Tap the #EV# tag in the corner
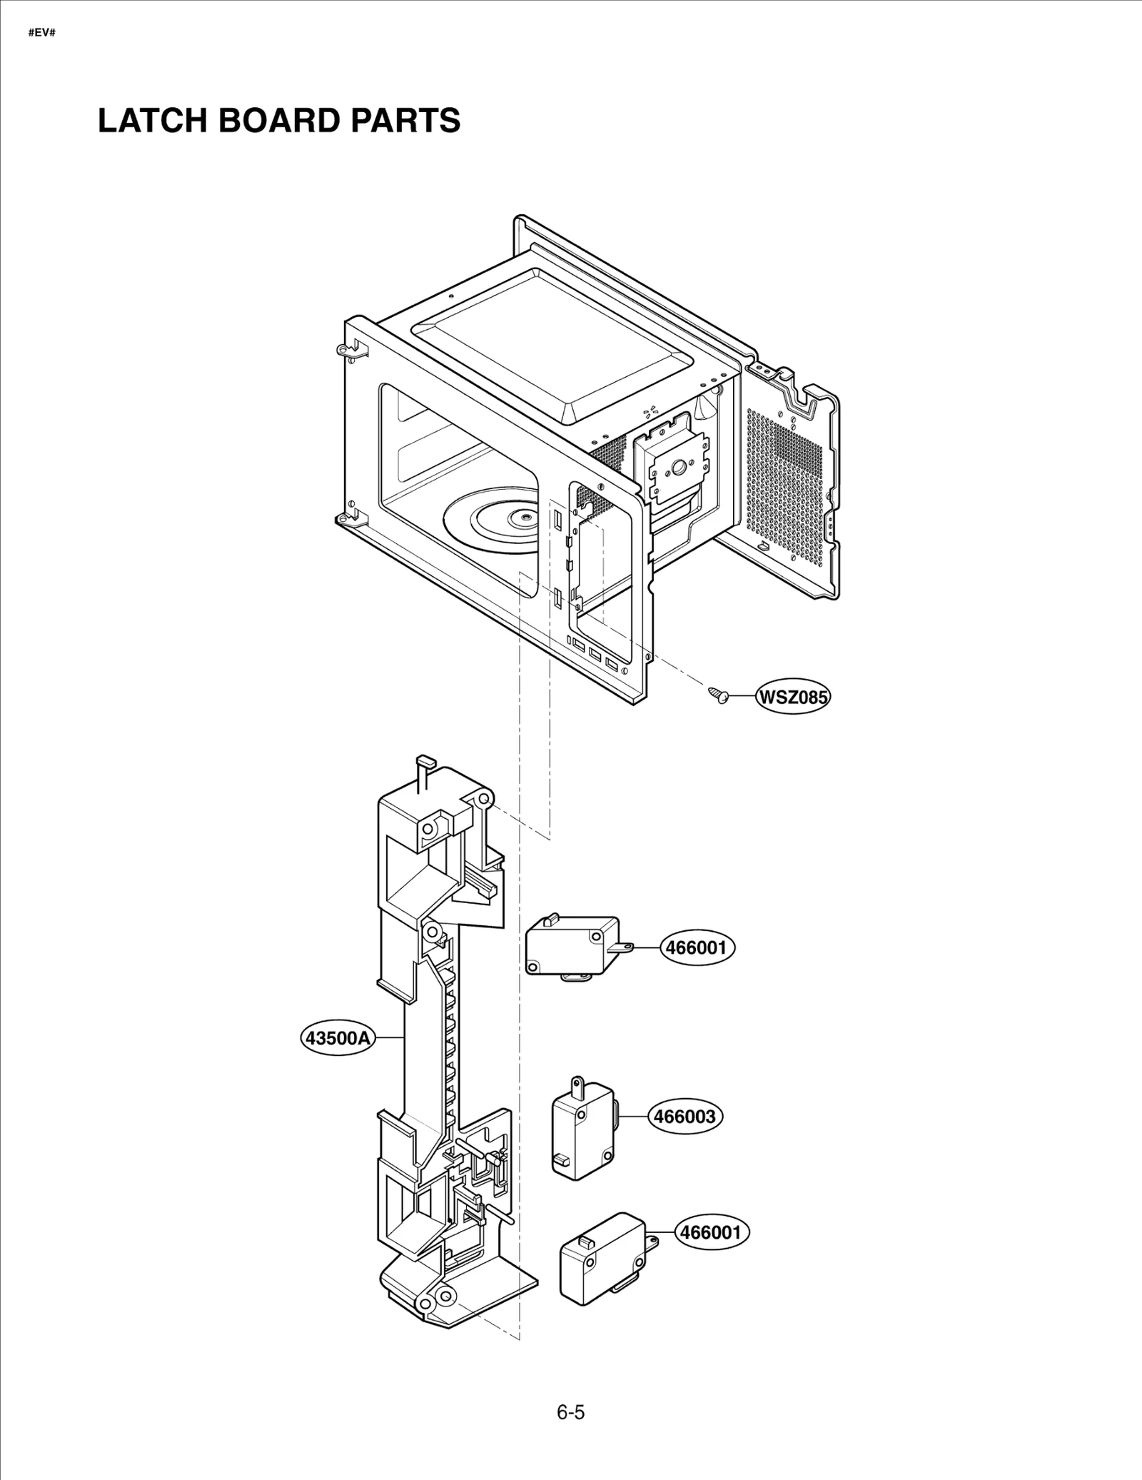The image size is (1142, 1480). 41,34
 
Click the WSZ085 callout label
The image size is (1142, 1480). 792,697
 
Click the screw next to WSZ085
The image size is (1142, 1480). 719,695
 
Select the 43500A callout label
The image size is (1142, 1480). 338,1037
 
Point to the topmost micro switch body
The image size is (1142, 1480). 571,946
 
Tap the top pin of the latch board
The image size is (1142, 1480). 423,761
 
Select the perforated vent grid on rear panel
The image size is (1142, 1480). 785,485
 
